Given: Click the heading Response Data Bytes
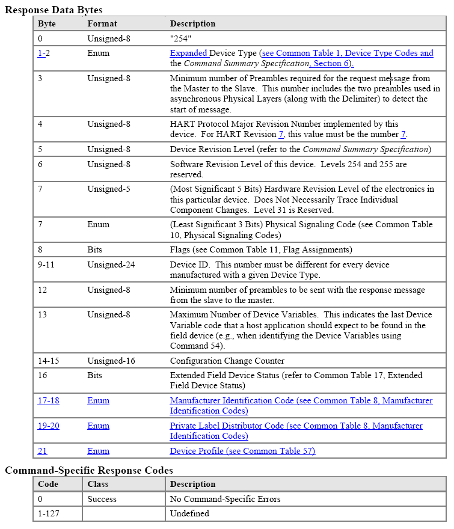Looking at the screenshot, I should (x=54, y=10).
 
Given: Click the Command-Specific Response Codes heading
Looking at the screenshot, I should (x=89, y=470).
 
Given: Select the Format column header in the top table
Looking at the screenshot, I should (x=102, y=24).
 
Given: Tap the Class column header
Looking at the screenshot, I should (x=98, y=484).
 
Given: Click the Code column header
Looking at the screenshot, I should (x=48, y=484).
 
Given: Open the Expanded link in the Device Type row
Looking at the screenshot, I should (x=189, y=53).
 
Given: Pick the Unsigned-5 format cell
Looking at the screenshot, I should (x=108, y=189).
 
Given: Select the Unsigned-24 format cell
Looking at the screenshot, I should (x=111, y=264).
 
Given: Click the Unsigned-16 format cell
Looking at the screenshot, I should (x=111, y=361).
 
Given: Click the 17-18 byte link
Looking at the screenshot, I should (x=48, y=400).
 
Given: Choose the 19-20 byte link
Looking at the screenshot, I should (x=49, y=426).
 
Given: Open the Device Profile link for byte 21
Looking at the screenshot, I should (x=242, y=451).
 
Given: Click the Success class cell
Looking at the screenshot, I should (x=102, y=499).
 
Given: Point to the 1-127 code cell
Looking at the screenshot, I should (x=49, y=513).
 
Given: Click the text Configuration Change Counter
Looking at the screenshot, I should (x=227, y=361).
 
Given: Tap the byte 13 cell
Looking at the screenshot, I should (x=42, y=315).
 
